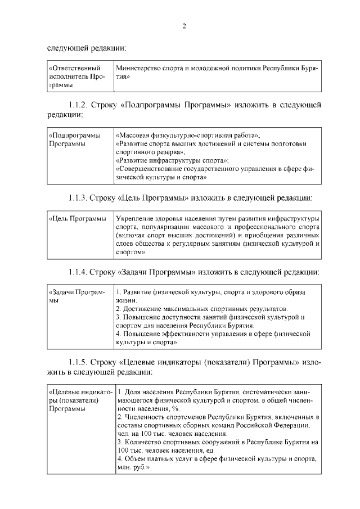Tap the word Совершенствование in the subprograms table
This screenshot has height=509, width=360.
(150, 169)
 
